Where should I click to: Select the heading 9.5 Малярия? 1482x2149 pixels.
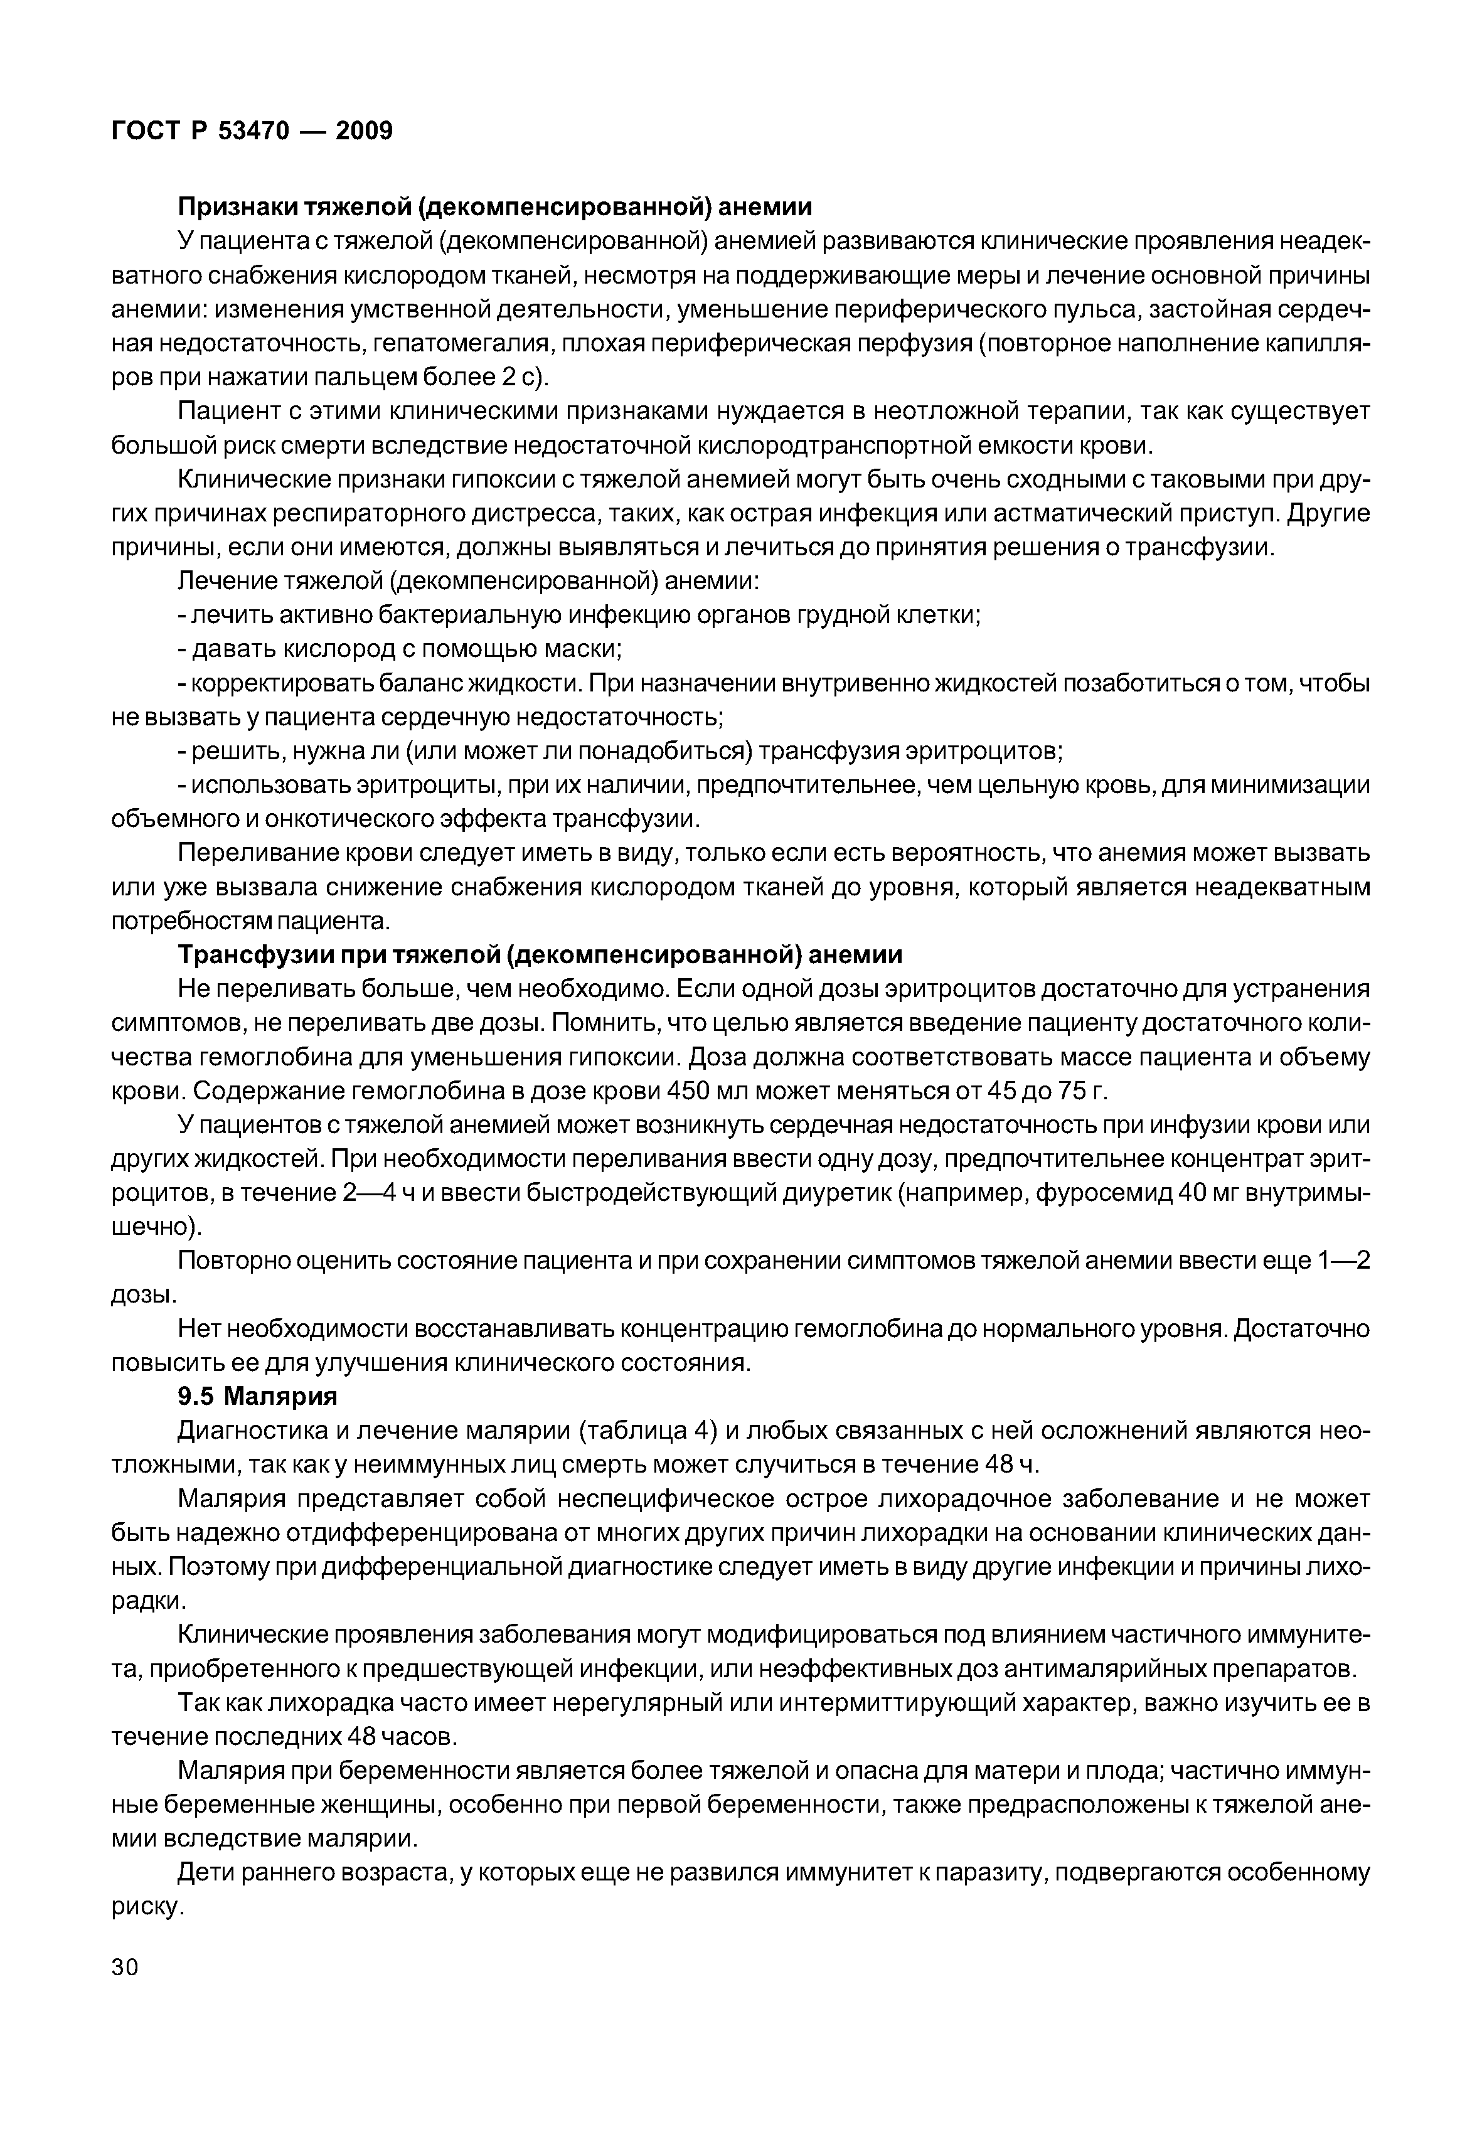tap(257, 1396)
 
